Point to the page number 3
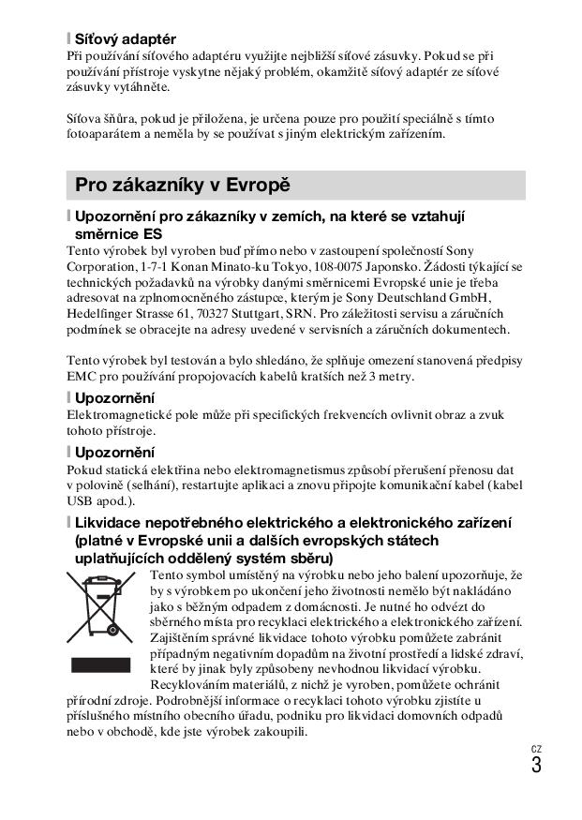(535, 764)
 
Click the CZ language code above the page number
(535, 747)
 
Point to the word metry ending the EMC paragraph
(392, 377)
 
